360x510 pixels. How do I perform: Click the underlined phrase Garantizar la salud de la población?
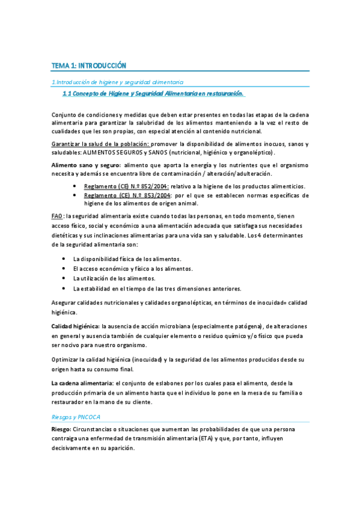tap(100, 144)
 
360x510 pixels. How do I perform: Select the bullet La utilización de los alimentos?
tap(114, 278)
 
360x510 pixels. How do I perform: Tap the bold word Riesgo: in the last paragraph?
tap(61, 429)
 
